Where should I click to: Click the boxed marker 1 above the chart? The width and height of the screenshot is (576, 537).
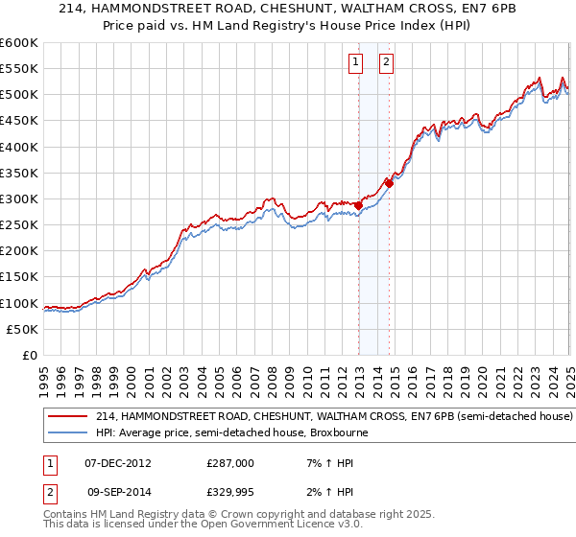[355, 62]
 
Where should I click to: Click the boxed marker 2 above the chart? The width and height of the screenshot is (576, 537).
[386, 62]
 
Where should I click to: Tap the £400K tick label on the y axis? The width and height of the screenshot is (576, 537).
[19, 147]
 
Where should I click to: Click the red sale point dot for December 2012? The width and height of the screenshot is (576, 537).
[358, 205]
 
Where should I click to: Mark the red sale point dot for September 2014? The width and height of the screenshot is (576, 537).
[389, 182]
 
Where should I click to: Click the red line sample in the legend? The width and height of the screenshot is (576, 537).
[69, 417]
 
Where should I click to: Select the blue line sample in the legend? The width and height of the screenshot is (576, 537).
[69, 432]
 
